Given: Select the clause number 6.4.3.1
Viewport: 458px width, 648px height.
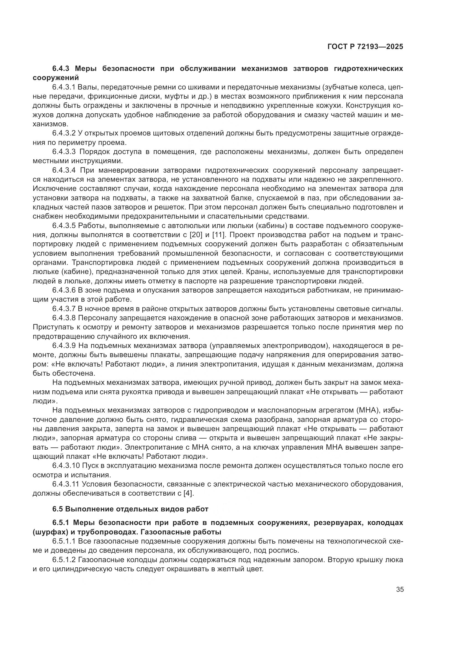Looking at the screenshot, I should click(x=64, y=87).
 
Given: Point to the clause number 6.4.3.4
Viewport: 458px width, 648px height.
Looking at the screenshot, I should click(x=64, y=170).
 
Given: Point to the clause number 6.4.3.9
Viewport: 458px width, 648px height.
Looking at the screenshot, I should click(x=64, y=346).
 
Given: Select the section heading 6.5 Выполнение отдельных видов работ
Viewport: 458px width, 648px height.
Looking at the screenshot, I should click(x=130, y=509).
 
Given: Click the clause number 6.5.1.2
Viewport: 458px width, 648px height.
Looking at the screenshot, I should click(x=64, y=560).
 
